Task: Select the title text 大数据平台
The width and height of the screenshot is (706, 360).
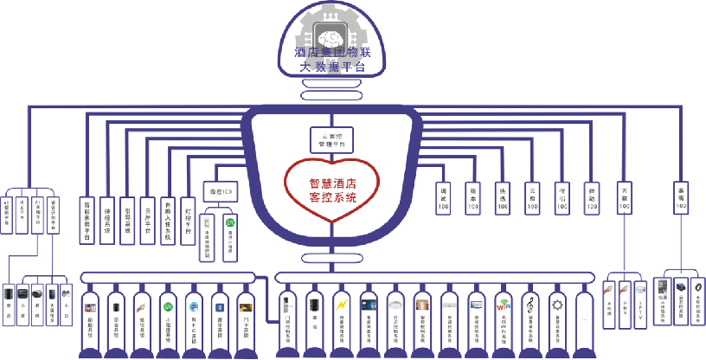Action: click(332, 66)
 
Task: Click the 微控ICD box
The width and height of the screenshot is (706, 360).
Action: click(218, 190)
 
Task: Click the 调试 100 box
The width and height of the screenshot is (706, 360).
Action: click(444, 198)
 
